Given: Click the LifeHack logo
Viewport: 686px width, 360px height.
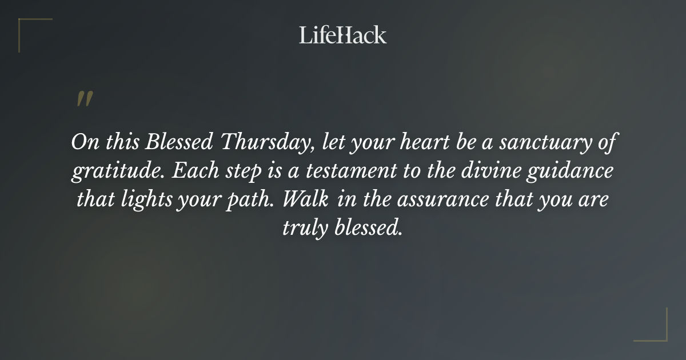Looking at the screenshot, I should click(x=343, y=35).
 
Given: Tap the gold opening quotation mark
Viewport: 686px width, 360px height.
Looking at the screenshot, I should click(x=84, y=99).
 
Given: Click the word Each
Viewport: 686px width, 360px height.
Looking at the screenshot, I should click(x=188, y=171).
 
